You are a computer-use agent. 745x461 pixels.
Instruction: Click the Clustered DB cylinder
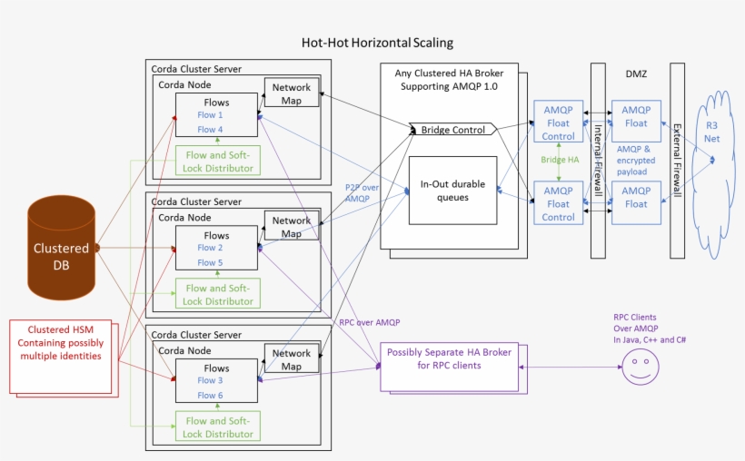coord(62,248)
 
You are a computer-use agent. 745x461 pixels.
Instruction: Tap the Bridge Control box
coord(452,130)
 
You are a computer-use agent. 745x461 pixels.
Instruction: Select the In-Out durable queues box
coord(452,191)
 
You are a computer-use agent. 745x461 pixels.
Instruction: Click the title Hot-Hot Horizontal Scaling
coord(377,43)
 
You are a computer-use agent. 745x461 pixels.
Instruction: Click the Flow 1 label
coord(210,115)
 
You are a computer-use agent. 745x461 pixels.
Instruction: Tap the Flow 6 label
coord(210,396)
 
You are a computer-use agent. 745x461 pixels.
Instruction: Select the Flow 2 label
coord(210,248)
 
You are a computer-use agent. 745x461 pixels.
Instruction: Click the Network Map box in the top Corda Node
coord(292,93)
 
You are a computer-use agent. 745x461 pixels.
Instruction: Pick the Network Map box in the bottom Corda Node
coord(292,359)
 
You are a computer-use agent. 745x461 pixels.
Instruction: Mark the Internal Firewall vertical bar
coord(598,159)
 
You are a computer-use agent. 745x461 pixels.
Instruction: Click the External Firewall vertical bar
coord(677,159)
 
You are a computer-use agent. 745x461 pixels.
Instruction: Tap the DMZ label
coord(636,74)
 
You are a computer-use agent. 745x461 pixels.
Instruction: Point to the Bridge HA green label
coord(559,160)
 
